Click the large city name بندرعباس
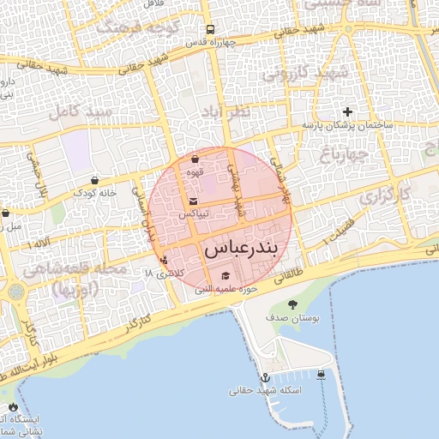[x=241, y=250]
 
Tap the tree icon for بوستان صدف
[x=293, y=304]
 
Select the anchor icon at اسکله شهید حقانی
[x=265, y=376]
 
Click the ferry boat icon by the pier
[x=321, y=375]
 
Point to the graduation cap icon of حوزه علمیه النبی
[x=226, y=276]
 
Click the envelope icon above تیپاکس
[x=192, y=202]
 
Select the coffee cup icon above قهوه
[x=195, y=159]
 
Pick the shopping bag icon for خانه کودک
[x=93, y=180]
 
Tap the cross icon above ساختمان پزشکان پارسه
[x=347, y=111]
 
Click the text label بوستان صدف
[x=297, y=318]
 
